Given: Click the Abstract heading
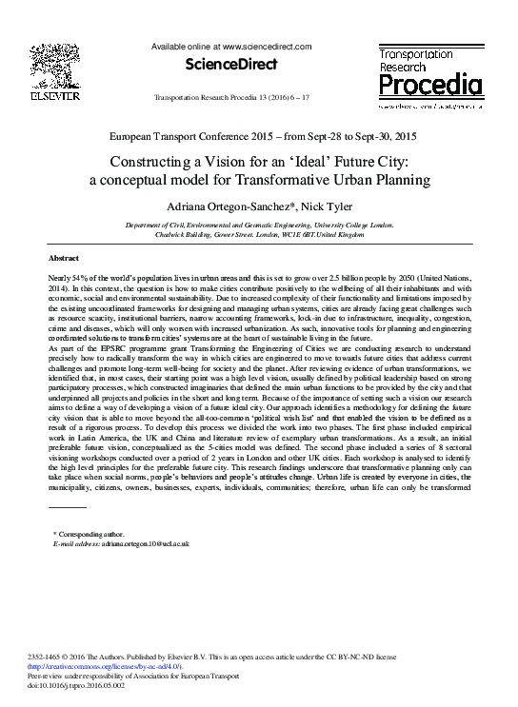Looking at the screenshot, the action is tap(64, 259).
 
